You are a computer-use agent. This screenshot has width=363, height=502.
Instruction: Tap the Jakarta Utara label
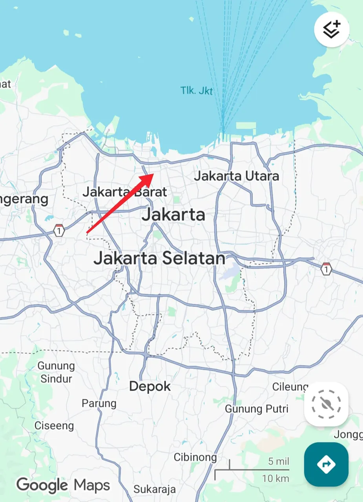click(x=236, y=176)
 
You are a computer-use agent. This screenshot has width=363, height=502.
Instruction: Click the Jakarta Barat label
click(x=125, y=192)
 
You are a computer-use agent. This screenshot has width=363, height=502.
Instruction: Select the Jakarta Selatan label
click(x=159, y=258)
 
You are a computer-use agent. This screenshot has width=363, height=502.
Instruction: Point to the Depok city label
click(x=150, y=386)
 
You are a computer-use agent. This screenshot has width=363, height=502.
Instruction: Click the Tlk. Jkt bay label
click(x=197, y=91)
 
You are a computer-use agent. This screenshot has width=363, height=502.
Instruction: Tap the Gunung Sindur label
click(x=56, y=372)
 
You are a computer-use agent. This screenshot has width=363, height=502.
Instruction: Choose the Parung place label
click(x=99, y=403)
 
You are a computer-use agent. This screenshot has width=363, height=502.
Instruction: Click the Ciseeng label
click(x=54, y=426)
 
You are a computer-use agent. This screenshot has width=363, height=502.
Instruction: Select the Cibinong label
click(x=195, y=457)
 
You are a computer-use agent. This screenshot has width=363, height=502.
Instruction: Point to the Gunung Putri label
click(x=257, y=409)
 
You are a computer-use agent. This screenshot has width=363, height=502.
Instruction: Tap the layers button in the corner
click(x=332, y=29)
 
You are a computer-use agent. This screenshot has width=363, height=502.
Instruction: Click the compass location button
click(x=326, y=404)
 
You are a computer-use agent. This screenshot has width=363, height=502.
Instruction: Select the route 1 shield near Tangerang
click(x=59, y=230)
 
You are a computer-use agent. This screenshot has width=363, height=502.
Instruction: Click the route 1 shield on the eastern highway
click(x=326, y=269)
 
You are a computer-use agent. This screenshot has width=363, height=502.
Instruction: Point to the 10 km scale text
click(x=275, y=478)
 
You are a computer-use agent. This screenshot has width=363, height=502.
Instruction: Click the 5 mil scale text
click(x=278, y=461)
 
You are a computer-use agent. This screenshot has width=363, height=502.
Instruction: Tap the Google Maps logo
click(x=63, y=485)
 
